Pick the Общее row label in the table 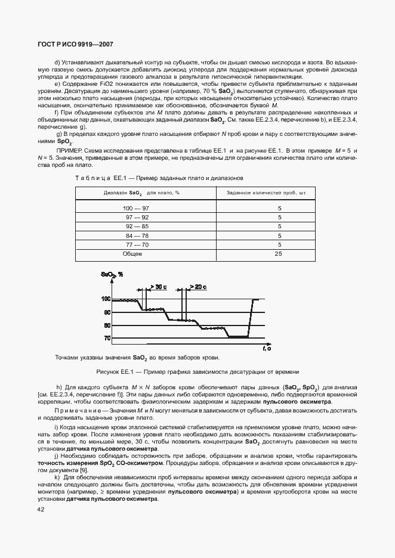[132, 254]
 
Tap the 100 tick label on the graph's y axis [106, 299]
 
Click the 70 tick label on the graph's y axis [107, 339]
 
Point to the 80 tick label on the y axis [107, 325]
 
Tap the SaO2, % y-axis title [112, 275]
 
